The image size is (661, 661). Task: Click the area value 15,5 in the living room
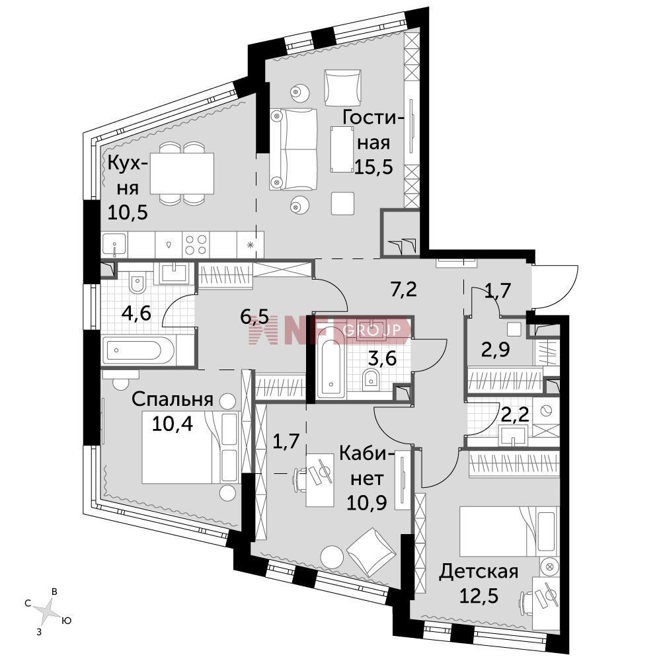coord(373,167)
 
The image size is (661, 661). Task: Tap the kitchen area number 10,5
coord(128,212)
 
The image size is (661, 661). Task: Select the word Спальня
coord(173,399)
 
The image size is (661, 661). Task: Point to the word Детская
coord(479,572)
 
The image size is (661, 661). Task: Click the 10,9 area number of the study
coord(367,502)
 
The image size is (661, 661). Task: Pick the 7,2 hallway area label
coord(403,290)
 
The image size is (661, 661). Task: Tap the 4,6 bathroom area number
coord(136,313)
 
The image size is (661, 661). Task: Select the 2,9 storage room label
coord(496,350)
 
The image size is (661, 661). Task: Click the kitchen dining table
coord(182,173)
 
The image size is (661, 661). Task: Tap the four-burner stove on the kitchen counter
coord(196,245)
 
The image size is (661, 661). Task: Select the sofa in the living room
coord(293,149)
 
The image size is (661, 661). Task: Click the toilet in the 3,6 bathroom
coord(371,380)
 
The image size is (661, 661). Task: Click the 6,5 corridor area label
coord(254,317)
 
